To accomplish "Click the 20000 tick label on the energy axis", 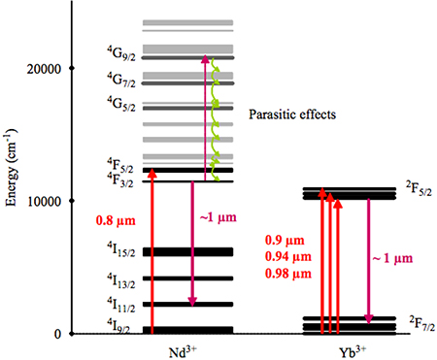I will [47, 69].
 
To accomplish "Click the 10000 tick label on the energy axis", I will [47, 202].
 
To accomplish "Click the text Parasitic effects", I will [291, 115].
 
